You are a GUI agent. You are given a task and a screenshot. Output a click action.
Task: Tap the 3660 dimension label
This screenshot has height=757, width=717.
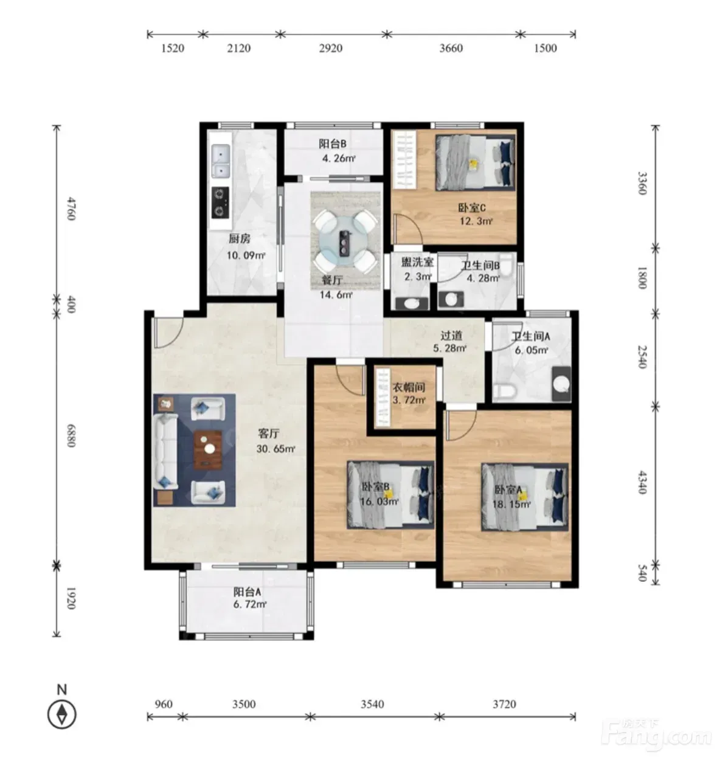[451, 48]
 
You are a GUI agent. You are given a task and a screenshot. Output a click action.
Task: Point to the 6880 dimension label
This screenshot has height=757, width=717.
[71, 435]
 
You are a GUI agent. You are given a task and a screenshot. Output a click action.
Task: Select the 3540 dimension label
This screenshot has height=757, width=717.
[372, 704]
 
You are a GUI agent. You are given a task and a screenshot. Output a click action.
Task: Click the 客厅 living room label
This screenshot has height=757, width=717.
[269, 434]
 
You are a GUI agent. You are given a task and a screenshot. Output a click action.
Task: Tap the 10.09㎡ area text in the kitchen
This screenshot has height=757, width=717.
[246, 255]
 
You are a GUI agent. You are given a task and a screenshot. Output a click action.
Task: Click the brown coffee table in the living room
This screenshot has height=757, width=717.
[207, 450]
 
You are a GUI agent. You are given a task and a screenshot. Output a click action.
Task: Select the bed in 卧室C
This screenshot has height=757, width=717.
[476, 162]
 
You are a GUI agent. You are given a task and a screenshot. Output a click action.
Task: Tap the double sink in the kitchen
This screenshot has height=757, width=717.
[220, 161]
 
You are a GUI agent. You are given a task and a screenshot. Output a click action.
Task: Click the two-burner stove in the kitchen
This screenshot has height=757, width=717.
[220, 202]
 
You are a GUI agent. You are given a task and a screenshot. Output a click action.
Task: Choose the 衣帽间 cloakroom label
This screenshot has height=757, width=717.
[409, 387]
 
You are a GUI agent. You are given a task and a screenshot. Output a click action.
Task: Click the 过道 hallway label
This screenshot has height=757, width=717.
[451, 336]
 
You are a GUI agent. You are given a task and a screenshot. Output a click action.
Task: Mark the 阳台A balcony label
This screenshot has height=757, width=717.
[247, 591]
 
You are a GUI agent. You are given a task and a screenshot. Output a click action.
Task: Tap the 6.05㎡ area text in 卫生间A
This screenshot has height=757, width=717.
[532, 350]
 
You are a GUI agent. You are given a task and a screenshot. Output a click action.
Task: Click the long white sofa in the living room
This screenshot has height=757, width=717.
[165, 452]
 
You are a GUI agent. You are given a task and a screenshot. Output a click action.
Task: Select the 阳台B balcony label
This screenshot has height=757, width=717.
[332, 143]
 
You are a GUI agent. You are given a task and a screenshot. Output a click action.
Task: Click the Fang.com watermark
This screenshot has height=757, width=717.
[656, 736]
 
